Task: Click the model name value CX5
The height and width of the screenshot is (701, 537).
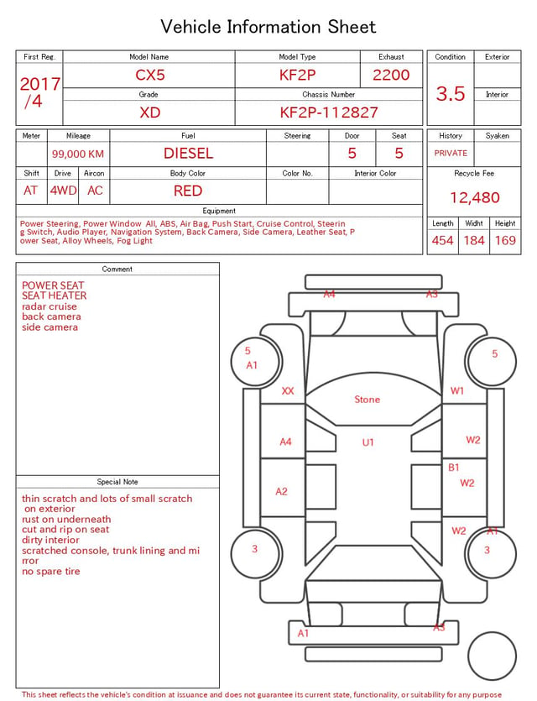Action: pyautogui.click(x=150, y=75)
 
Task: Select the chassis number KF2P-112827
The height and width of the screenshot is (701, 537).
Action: pyautogui.click(x=329, y=112)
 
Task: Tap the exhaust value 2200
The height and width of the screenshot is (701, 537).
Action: pyautogui.click(x=391, y=75)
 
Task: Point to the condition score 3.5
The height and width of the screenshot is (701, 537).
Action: pyautogui.click(x=451, y=94)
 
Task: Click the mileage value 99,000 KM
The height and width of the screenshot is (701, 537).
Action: pyautogui.click(x=78, y=154)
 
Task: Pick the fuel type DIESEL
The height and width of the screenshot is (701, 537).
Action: pyautogui.click(x=188, y=154)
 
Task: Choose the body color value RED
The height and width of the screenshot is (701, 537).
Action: pyautogui.click(x=188, y=191)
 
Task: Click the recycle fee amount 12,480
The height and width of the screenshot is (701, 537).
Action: pyautogui.click(x=474, y=197)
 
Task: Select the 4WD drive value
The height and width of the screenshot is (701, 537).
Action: pyautogui.click(x=63, y=191)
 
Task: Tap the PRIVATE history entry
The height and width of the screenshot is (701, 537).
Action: pyautogui.click(x=451, y=154)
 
